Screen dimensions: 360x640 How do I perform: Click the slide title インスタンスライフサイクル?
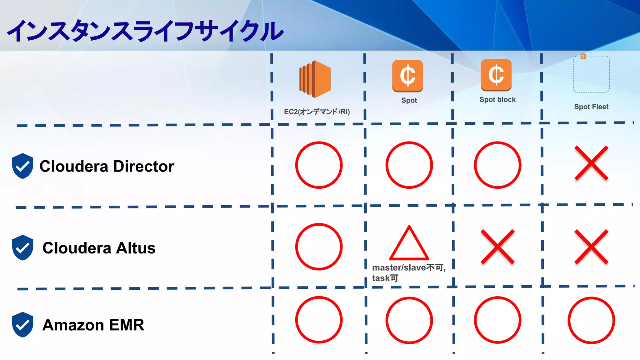pyautogui.click(x=145, y=31)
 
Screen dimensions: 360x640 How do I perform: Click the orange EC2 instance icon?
pyautogui.click(x=315, y=79)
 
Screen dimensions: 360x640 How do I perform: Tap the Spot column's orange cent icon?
pyautogui.click(x=407, y=76)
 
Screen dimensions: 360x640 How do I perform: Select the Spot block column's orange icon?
pyautogui.click(x=496, y=75)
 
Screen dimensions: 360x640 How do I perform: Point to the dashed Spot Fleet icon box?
pyautogui.click(x=591, y=74)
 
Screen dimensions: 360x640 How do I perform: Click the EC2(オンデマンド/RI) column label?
pyautogui.click(x=317, y=112)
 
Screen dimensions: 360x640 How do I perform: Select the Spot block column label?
pyautogui.click(x=497, y=100)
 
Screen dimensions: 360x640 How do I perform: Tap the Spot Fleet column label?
pyautogui.click(x=591, y=107)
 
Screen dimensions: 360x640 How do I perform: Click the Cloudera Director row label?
pyautogui.click(x=107, y=166)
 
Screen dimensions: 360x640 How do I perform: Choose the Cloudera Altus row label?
pyautogui.click(x=99, y=248)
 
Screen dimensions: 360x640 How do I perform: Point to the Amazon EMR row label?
pyautogui.click(x=93, y=325)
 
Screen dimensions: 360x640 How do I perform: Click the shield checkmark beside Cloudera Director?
pyautogui.click(x=22, y=166)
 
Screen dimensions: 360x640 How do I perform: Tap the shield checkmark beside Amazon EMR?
pyautogui.click(x=22, y=325)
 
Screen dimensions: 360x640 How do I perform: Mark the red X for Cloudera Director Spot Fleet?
pyautogui.click(x=591, y=163)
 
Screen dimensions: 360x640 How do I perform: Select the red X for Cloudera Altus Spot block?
pyautogui.click(x=497, y=247)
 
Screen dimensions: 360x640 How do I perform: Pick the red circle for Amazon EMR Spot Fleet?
pyautogui.click(x=591, y=320)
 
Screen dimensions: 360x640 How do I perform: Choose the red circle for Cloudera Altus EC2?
pyautogui.click(x=319, y=247)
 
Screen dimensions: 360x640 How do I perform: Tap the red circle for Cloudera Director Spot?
pyautogui.click(x=409, y=165)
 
